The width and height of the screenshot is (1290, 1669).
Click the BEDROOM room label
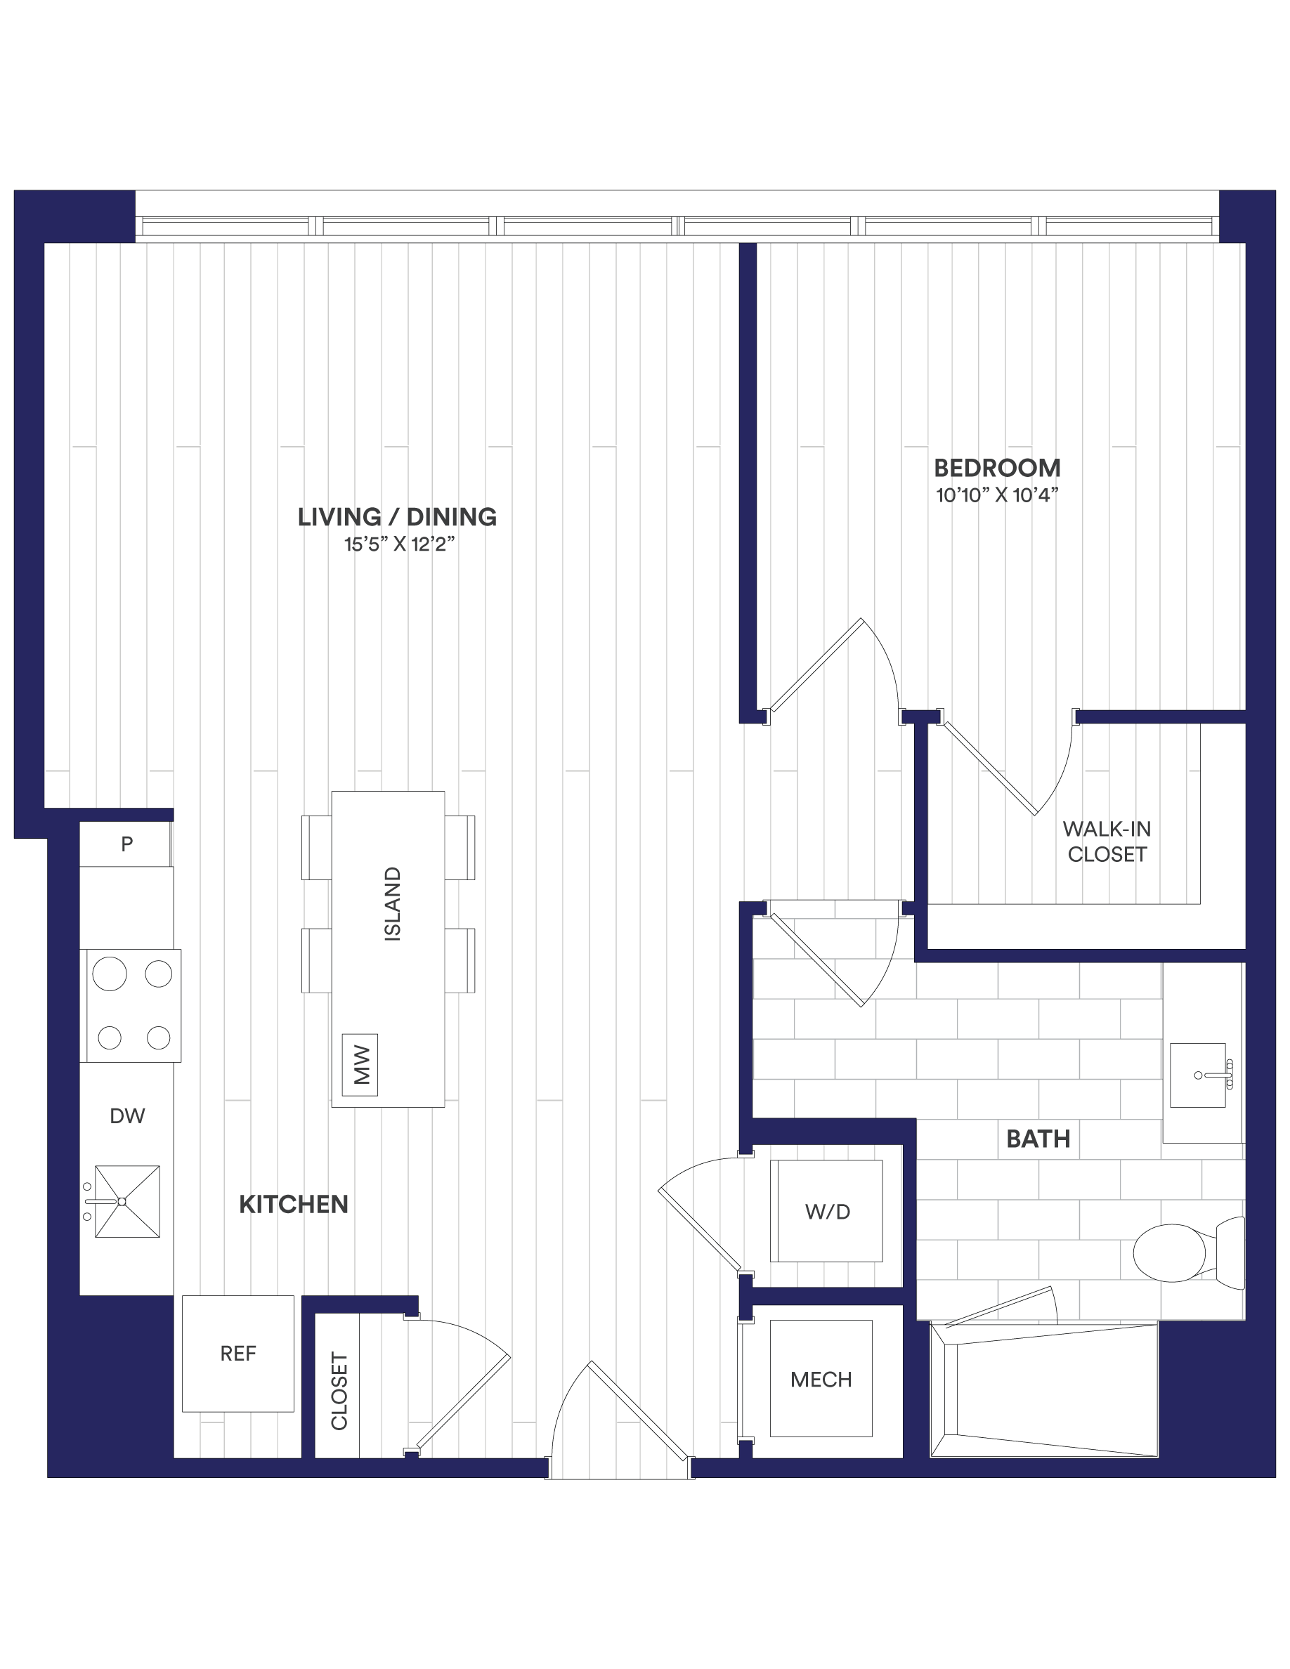tap(996, 468)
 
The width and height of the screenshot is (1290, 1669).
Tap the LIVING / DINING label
tap(397, 518)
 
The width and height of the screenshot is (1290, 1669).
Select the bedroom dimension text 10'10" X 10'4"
tap(996, 495)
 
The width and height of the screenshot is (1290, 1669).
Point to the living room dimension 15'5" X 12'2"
tap(399, 544)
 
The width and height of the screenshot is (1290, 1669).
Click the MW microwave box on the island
tap(360, 1066)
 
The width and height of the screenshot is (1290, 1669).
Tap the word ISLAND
tap(392, 903)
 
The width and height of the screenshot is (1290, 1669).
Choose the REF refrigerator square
tap(237, 1354)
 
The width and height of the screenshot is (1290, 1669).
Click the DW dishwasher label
tap(127, 1115)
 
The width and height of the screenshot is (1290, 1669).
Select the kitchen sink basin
tap(127, 1201)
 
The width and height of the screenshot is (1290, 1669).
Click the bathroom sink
tap(1197, 1075)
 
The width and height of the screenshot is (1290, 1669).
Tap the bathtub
tap(1044, 1390)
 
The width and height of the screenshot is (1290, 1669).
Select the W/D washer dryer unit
tap(826, 1211)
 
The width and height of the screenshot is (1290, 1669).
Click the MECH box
tap(821, 1379)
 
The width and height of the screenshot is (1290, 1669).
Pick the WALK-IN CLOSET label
tap(1107, 842)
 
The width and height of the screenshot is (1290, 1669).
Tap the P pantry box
tap(125, 844)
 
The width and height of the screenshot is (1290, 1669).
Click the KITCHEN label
tap(294, 1205)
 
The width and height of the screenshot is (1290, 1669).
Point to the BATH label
tap(1038, 1139)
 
